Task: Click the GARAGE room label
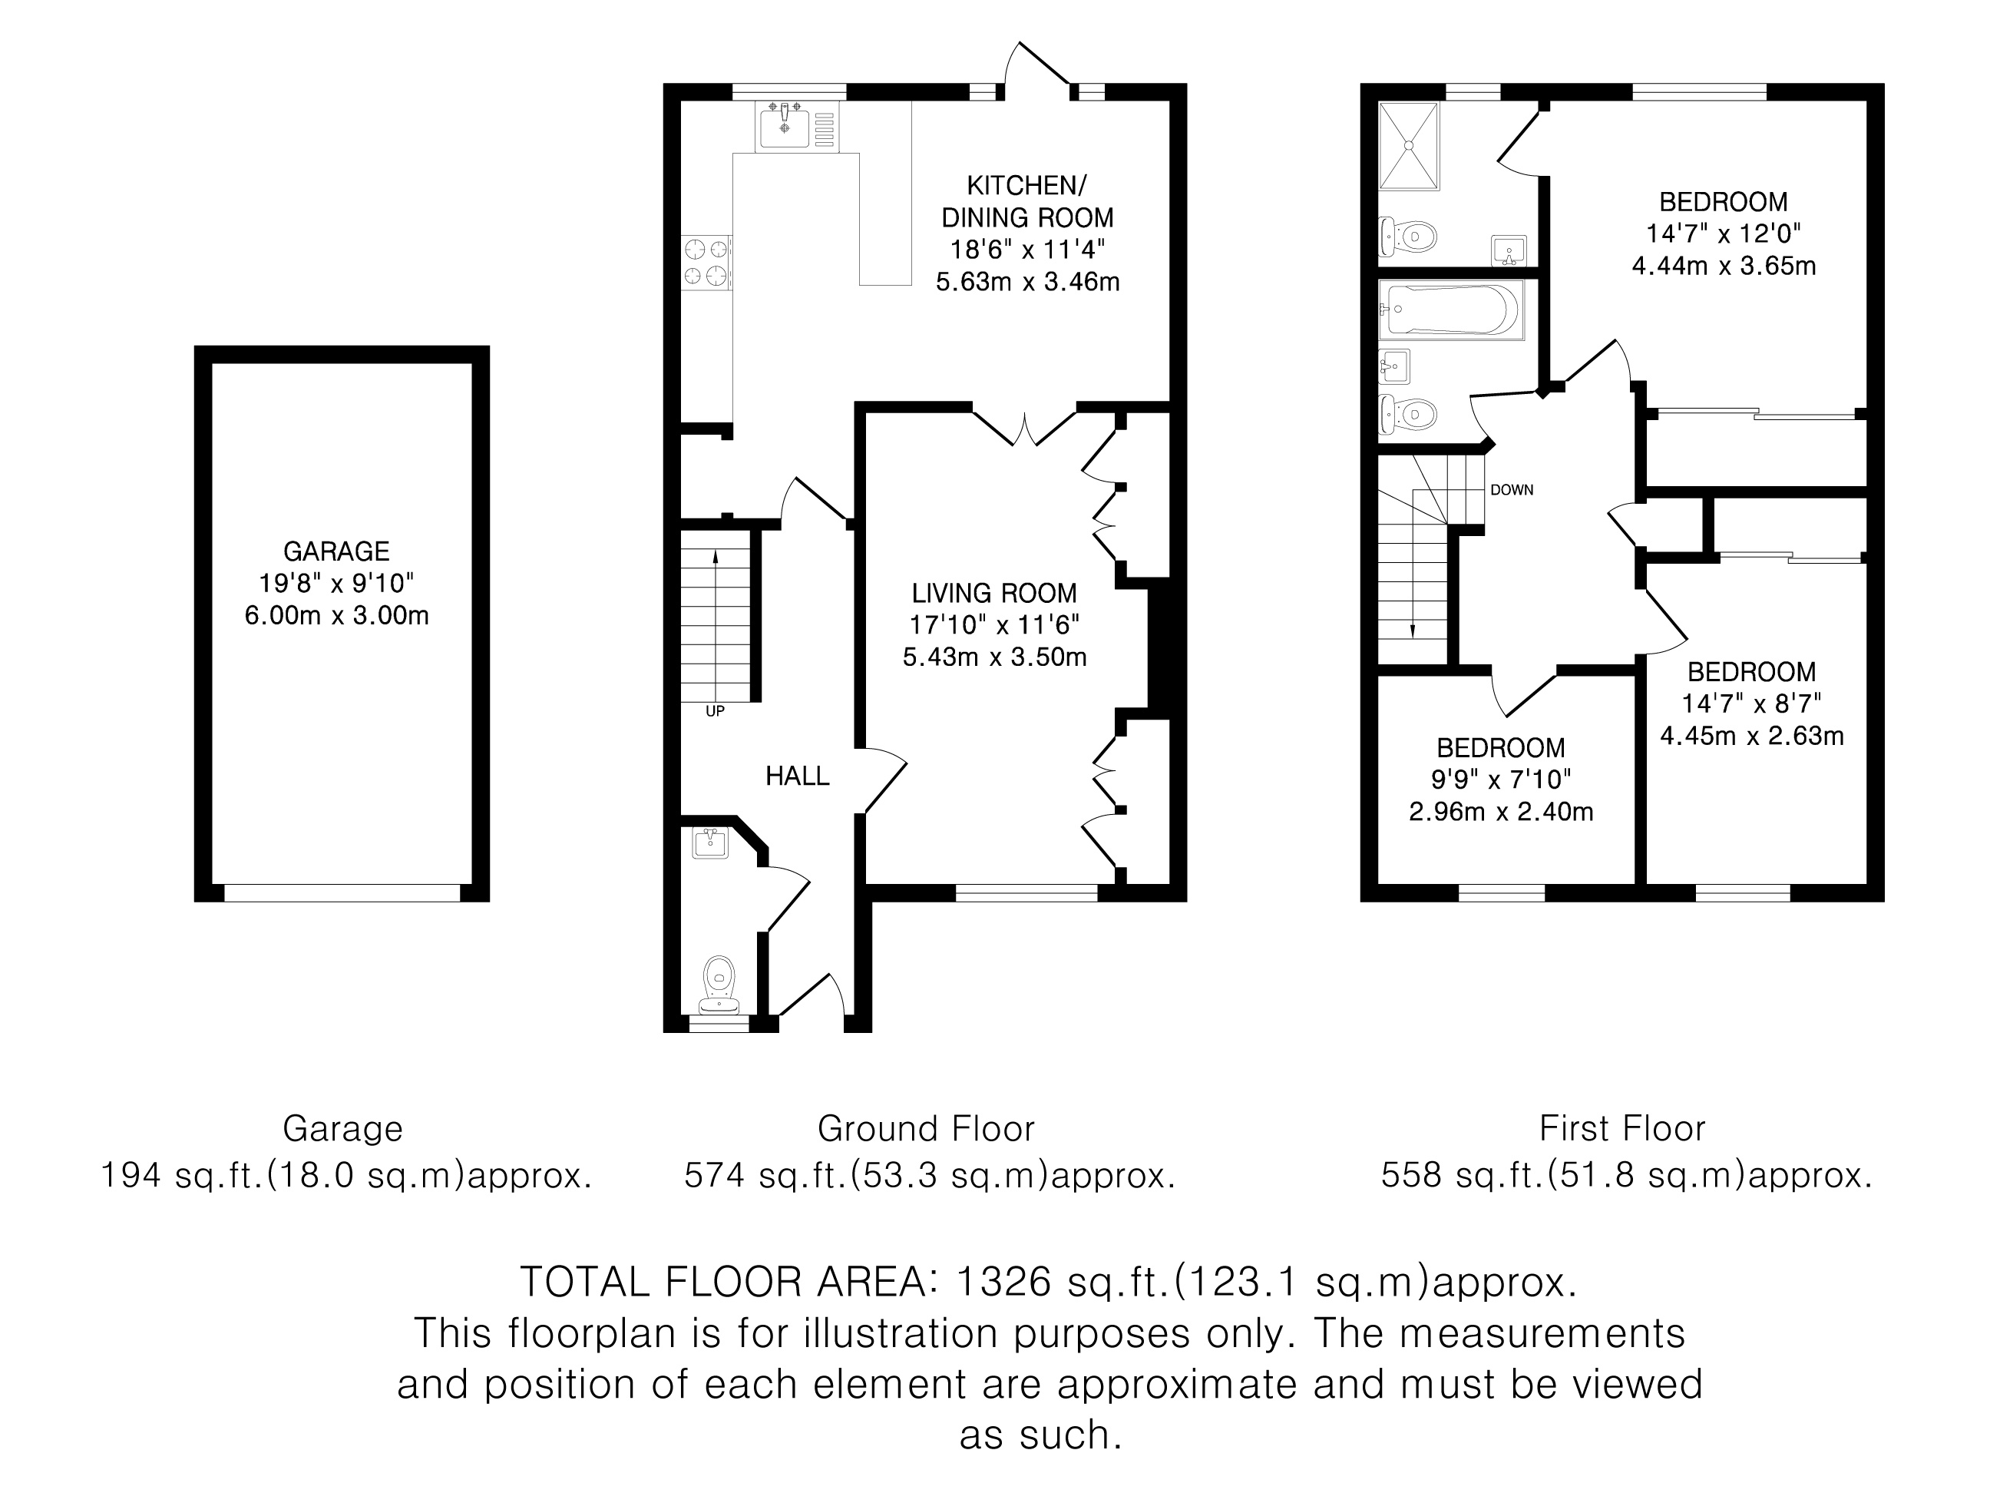[336, 551]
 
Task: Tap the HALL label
[797, 776]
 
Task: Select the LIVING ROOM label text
[994, 593]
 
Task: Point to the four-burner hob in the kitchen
[706, 262]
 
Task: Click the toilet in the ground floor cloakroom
[719, 984]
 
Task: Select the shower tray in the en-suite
[1409, 146]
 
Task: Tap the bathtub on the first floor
[1451, 310]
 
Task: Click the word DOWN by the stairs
[1512, 491]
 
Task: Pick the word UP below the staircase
[716, 711]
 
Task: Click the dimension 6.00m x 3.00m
[336, 616]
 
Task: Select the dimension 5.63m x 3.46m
[1027, 282]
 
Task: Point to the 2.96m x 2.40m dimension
[1501, 812]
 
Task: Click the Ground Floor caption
[926, 1128]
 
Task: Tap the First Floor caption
[1622, 1128]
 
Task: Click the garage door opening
[342, 892]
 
